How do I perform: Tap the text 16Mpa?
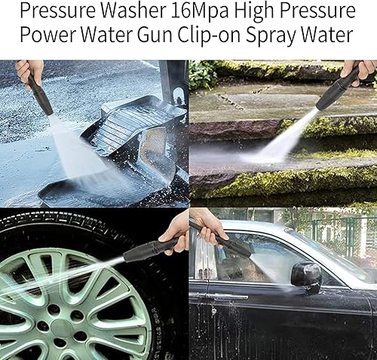click(196, 11)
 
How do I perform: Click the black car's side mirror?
click(306, 276)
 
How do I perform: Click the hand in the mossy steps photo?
click(358, 72)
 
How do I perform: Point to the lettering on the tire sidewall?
click(155, 324)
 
